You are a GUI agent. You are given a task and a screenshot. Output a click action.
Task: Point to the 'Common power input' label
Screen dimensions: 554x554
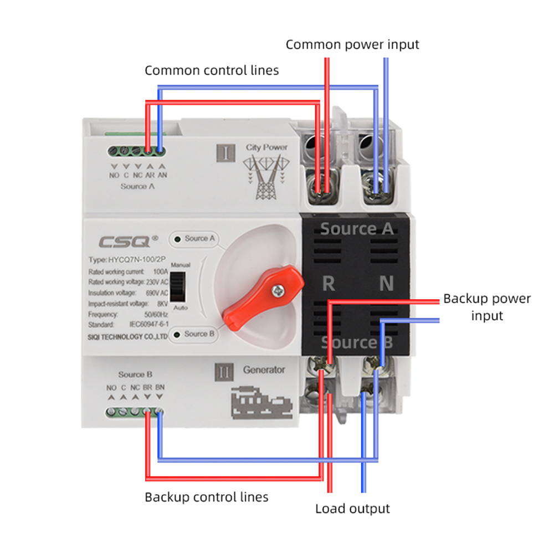[352, 44]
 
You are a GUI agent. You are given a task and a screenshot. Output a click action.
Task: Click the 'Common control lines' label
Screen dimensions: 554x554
[212, 70]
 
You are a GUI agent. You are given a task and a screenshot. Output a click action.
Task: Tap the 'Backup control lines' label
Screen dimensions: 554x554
[206, 497]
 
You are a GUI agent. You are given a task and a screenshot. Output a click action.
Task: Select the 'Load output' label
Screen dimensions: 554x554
[352, 509]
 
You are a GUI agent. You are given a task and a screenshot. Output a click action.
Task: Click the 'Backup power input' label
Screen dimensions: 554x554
[486, 307]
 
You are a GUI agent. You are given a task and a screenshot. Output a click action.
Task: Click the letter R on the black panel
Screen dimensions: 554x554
[329, 284]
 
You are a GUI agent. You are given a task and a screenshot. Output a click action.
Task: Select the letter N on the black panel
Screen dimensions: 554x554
[386, 284]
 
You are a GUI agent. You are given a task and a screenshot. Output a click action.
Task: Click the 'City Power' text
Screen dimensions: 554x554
[266, 147]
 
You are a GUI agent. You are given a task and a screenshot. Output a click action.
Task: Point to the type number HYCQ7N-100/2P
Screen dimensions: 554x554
[127, 260]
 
